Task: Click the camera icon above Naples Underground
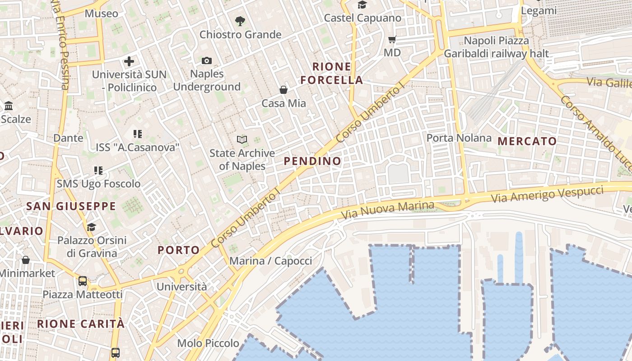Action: pos(207,60)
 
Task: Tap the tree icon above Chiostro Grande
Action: pos(240,20)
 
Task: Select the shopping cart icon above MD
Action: pos(392,40)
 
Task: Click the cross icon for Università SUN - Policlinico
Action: pos(129,61)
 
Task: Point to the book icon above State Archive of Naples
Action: pos(242,140)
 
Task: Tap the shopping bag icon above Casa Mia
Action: pos(283,90)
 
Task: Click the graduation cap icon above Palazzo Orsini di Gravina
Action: pos(92,227)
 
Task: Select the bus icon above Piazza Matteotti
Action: pos(83,281)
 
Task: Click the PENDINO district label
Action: pos(312,161)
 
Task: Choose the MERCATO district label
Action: pos(527,141)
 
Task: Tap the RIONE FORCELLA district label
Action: pos(332,74)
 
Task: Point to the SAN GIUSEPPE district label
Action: pos(71,206)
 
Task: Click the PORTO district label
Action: pos(179,250)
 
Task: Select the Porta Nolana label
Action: pos(459,138)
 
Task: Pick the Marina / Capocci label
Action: pos(271,261)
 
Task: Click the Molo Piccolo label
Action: pos(208,343)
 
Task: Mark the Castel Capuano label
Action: pos(362,18)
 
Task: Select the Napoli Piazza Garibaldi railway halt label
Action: pos(497,47)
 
